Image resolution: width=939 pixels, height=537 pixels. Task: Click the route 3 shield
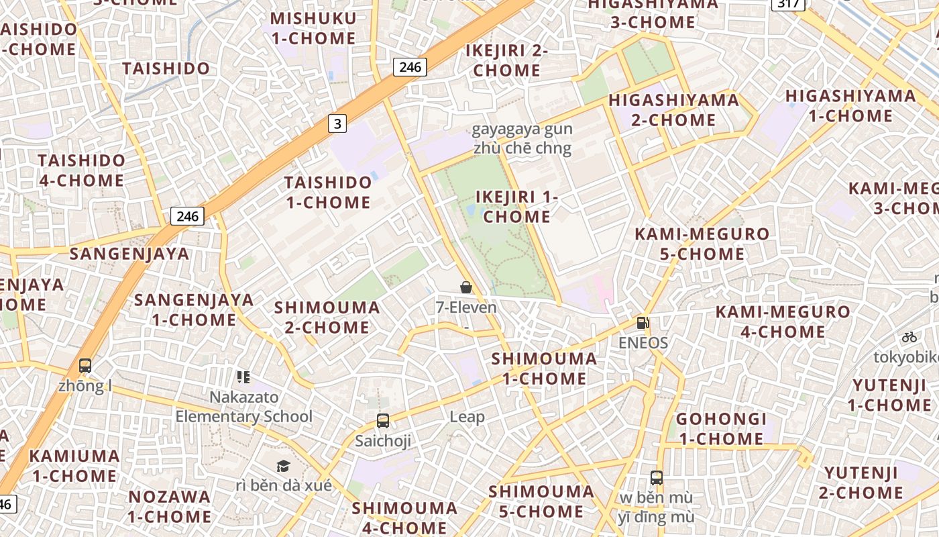tap(337, 123)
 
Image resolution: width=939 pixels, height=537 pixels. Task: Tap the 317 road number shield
tap(788, 4)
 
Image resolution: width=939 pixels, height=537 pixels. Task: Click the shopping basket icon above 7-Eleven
tap(466, 287)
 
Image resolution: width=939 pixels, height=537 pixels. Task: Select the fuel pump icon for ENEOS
tap(643, 323)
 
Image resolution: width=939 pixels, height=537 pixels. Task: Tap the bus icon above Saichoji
tap(383, 421)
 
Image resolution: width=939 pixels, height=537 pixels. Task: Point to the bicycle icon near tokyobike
tap(909, 337)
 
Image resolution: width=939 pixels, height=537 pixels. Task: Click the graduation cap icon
tap(284, 466)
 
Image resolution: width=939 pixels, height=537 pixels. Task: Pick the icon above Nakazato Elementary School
tap(243, 377)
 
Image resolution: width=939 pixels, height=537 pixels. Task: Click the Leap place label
tap(467, 417)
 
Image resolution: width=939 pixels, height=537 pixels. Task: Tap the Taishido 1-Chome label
tap(328, 192)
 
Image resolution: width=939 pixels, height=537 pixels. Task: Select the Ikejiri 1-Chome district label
tap(517, 207)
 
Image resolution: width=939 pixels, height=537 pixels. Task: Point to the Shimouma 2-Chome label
tap(327, 318)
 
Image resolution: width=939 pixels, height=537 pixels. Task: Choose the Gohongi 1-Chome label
tap(720, 429)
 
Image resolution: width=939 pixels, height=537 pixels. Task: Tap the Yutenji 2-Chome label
tap(861, 483)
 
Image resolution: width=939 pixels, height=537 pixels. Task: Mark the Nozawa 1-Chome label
tap(170, 507)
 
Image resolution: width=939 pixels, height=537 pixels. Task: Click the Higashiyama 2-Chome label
tap(673, 110)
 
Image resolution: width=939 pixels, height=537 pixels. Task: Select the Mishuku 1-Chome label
tap(314, 28)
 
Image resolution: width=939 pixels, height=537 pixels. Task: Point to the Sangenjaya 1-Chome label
tap(194, 309)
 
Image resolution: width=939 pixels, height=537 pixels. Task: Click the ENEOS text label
tap(643, 343)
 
